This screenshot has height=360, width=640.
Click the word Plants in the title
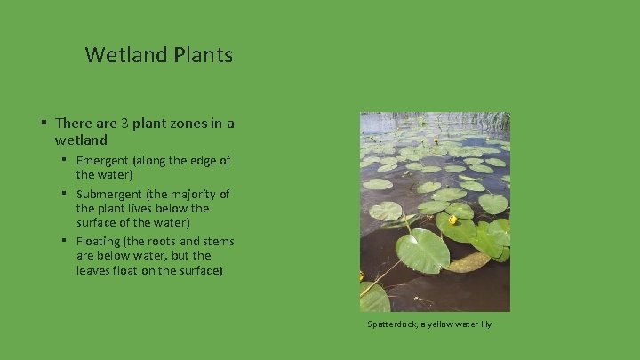coord(204,55)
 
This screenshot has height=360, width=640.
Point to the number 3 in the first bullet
coord(126,123)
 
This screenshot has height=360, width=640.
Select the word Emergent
coord(106,161)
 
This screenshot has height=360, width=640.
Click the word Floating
coord(100,241)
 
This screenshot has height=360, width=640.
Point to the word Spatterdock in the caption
coord(391,324)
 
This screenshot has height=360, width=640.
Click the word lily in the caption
coord(484,324)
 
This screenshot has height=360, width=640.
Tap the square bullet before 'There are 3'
coord(43,123)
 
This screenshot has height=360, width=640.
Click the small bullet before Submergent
coord(66,193)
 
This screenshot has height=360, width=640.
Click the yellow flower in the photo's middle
coord(452,219)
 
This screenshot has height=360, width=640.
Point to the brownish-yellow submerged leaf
coord(469,262)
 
